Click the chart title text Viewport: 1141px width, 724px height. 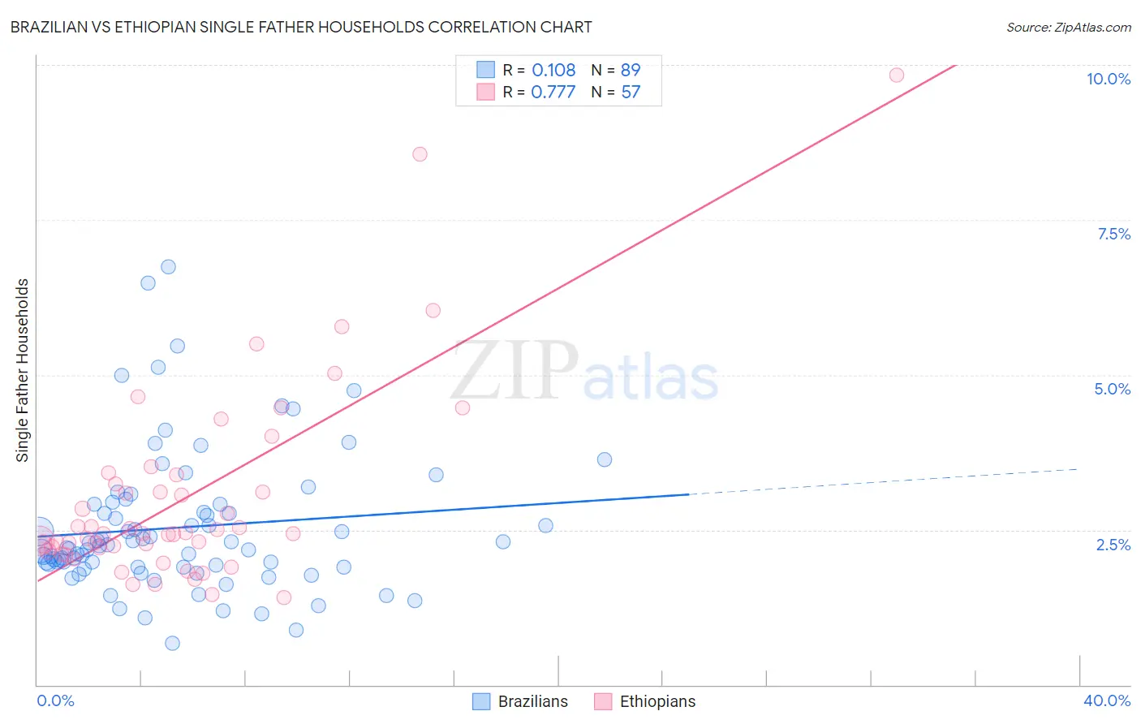(301, 27)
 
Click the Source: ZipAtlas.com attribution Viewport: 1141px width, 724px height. (1068, 27)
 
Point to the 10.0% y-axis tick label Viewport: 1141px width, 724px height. (1108, 79)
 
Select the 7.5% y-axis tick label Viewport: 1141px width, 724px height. (1113, 234)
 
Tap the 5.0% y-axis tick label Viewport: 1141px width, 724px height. (1112, 389)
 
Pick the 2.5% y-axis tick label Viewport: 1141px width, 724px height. (1113, 545)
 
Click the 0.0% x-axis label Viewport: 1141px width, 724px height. (55, 700)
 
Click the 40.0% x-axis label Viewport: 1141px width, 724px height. (1106, 700)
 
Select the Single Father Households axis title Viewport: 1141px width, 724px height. (23, 370)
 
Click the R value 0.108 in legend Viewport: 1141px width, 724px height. (553, 70)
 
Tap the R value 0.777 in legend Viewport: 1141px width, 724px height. (553, 92)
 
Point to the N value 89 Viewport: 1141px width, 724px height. (631, 70)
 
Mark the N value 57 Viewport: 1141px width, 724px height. (631, 92)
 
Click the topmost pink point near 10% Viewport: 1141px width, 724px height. (896, 75)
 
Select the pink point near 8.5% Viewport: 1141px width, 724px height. (420, 154)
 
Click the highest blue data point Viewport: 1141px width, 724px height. (168, 266)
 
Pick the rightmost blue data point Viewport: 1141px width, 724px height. (605, 459)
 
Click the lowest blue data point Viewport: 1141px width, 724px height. (172, 643)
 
